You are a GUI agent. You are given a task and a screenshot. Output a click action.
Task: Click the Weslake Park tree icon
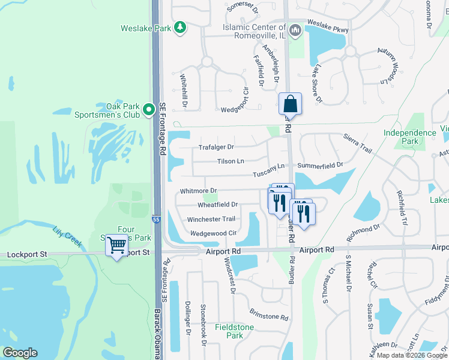tap(179, 28)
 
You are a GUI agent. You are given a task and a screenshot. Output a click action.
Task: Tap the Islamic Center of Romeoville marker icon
tap(295, 31)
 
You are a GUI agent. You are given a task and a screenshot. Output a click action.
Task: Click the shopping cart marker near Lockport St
tap(116, 244)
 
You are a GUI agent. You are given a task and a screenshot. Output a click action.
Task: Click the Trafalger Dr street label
tap(216, 147)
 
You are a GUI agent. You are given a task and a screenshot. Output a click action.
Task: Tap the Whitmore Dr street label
tap(198, 191)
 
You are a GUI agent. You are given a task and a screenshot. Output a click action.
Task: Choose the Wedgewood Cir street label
tap(213, 233)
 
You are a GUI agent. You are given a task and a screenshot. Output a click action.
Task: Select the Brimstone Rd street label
tap(269, 317)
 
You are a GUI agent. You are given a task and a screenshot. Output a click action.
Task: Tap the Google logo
tap(20, 353)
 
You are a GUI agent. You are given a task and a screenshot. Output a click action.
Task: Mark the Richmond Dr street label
tap(364, 228)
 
